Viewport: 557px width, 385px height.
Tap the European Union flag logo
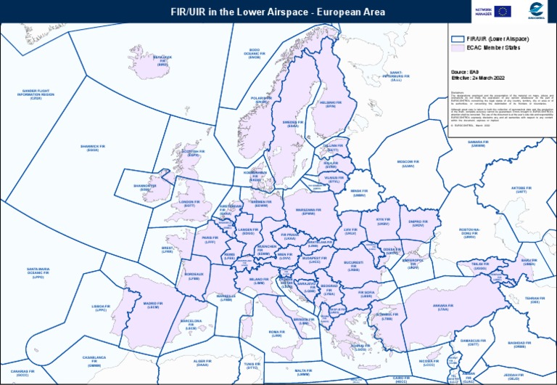[503, 11]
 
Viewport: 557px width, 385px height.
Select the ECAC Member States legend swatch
[457, 48]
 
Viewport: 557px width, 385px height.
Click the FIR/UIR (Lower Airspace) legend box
[457, 38]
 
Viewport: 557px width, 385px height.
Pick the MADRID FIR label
[152, 305]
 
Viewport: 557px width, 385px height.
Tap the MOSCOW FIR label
[408, 163]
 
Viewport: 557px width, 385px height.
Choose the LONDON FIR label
[189, 203]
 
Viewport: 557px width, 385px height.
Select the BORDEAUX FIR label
[194, 276]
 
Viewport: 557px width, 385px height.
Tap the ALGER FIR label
[202, 362]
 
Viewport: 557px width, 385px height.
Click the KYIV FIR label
[382, 222]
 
